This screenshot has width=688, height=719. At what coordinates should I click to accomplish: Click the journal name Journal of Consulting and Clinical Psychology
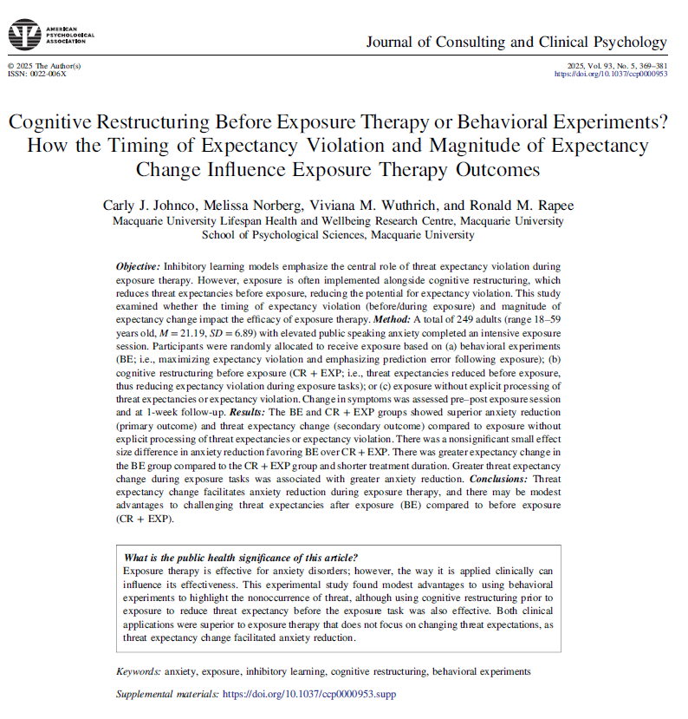coord(516,42)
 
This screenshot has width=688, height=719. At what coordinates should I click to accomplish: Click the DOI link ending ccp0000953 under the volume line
coord(611,75)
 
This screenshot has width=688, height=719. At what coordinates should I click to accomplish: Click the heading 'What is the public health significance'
coord(241,558)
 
